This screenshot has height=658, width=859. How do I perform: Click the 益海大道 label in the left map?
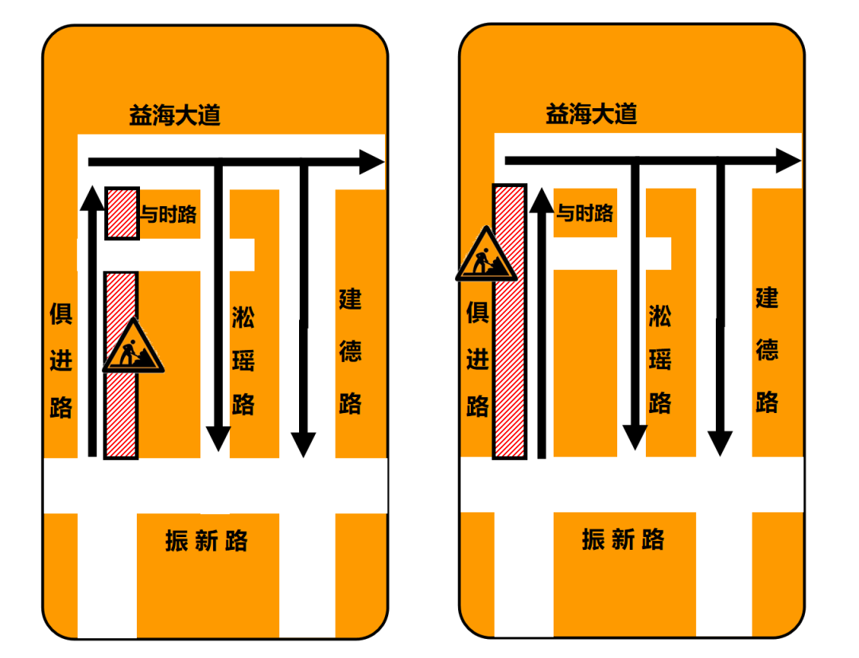pos(174,116)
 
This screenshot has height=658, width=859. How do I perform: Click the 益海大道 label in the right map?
pos(591,114)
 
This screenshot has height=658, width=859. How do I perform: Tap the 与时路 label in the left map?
pos(169,213)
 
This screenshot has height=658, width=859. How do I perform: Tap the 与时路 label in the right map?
pos(585,212)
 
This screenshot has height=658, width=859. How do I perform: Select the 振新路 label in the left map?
pos(207,541)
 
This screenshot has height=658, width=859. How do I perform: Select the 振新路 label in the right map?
pos(623,539)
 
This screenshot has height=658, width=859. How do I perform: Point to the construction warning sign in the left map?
pos(133,348)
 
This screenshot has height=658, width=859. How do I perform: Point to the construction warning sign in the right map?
pos(485,256)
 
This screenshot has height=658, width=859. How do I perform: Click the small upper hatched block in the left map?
pos(122,213)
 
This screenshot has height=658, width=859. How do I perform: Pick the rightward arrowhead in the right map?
pos(788,160)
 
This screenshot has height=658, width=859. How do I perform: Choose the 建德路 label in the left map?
pos(351,352)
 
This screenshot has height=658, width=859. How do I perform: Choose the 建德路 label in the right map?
pos(767,350)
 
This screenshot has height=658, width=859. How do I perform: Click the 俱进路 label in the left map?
pos(60,360)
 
